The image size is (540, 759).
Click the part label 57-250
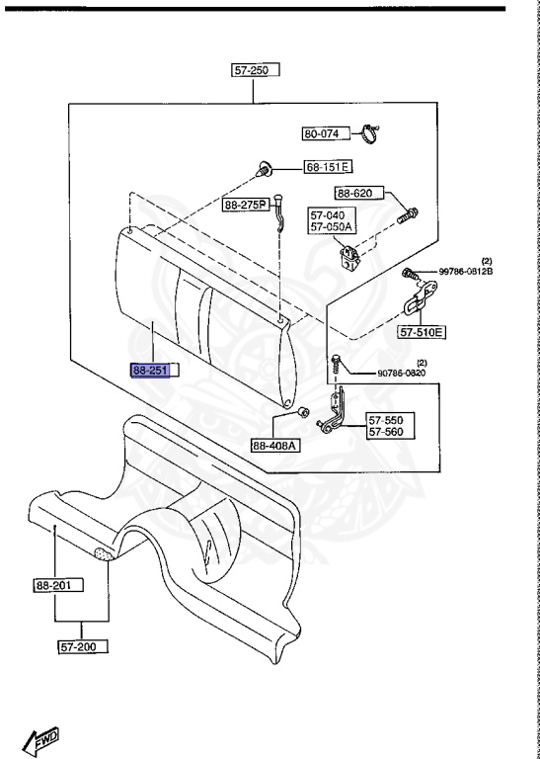click(256, 70)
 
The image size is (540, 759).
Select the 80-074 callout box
click(326, 133)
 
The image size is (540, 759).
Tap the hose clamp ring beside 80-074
click(370, 134)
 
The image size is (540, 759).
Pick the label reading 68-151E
click(328, 167)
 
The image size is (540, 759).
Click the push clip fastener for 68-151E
click(263, 169)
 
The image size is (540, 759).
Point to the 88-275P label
click(246, 206)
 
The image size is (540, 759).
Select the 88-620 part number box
click(359, 194)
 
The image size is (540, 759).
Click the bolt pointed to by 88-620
click(408, 215)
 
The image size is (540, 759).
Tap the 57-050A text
click(331, 227)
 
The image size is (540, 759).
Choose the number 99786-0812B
click(466, 272)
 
